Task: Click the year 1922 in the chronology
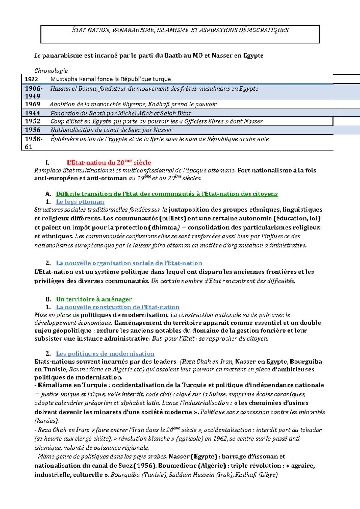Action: [x=31, y=79]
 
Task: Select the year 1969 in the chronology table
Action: [x=32, y=104]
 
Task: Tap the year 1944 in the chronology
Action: [x=32, y=113]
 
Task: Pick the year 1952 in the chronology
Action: [x=32, y=121]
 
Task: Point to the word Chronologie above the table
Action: [x=51, y=71]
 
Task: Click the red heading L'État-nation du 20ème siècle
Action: [x=109, y=162]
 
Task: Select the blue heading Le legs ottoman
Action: [x=80, y=202]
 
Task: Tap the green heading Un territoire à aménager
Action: [x=94, y=299]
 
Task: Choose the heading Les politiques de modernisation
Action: [x=105, y=354]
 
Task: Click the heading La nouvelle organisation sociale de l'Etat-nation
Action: [x=129, y=263]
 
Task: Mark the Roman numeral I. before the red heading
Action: [x=47, y=163]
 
